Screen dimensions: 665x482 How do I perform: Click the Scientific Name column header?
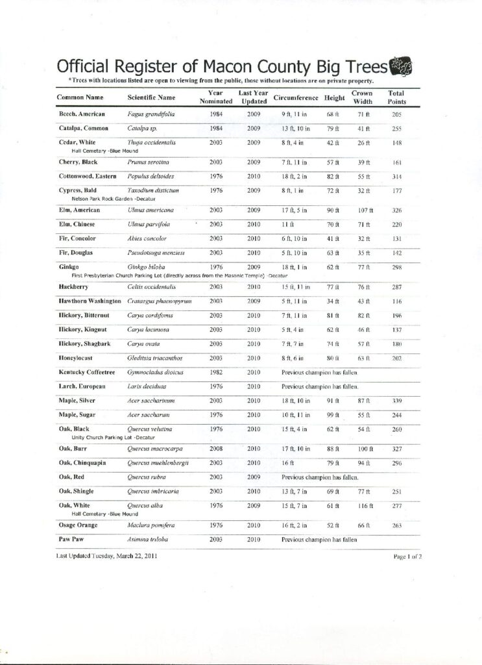[152, 97]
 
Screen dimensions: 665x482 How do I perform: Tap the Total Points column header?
[396, 97]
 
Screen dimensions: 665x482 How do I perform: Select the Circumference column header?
[297, 97]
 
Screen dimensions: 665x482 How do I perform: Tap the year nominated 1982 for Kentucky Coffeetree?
[217, 373]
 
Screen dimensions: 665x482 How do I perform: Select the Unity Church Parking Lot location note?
[104, 437]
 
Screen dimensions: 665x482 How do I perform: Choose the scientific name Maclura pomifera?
[151, 524]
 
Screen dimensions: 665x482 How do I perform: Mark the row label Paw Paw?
[69, 539]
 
